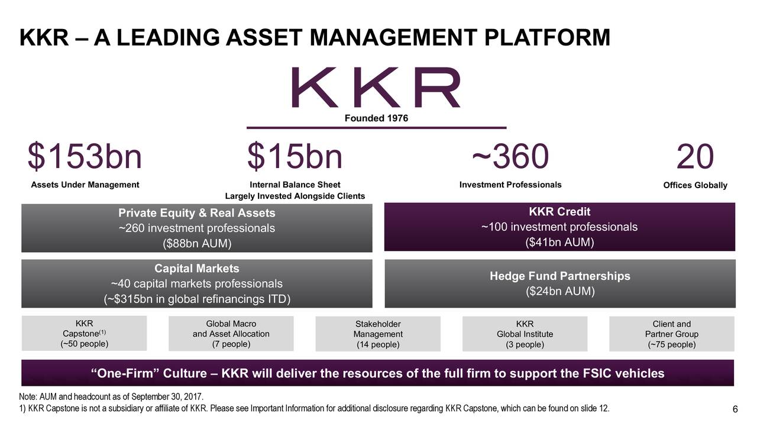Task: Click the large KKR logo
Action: click(376, 88)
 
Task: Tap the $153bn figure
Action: click(85, 157)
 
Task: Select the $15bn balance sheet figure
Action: click(295, 157)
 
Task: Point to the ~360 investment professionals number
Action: click(510, 157)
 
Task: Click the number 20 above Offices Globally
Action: click(695, 157)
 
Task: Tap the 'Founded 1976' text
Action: click(376, 118)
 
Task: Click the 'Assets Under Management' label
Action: click(85, 185)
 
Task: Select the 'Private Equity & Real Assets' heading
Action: click(196, 213)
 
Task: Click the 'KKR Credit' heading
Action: click(559, 212)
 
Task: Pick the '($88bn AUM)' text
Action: click(196, 243)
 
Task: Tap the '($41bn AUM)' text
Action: click(559, 243)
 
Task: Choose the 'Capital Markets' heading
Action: click(196, 269)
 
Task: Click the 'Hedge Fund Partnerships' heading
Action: click(559, 276)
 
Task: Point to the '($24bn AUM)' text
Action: click(559, 292)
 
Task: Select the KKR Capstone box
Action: click(84, 334)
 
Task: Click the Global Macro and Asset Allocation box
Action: click(231, 334)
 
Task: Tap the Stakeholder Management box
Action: click(378, 334)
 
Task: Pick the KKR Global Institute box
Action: click(525, 334)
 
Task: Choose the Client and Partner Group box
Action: click(671, 334)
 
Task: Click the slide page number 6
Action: click(735, 411)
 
